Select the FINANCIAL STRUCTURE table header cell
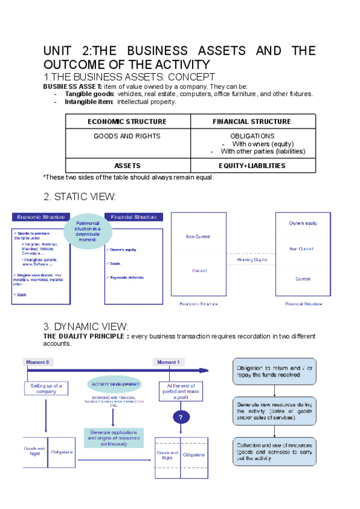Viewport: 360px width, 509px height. point(252,121)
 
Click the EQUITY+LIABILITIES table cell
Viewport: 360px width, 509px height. point(252,166)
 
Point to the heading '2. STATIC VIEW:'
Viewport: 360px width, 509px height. point(80,197)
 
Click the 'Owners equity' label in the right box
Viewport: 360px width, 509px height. point(302,223)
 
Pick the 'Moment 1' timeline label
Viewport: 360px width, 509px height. point(167,363)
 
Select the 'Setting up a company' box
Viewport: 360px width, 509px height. point(46,388)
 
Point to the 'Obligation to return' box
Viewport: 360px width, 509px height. point(274,372)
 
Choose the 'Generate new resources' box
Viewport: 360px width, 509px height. point(274,411)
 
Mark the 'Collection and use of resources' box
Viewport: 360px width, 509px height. point(274,450)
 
